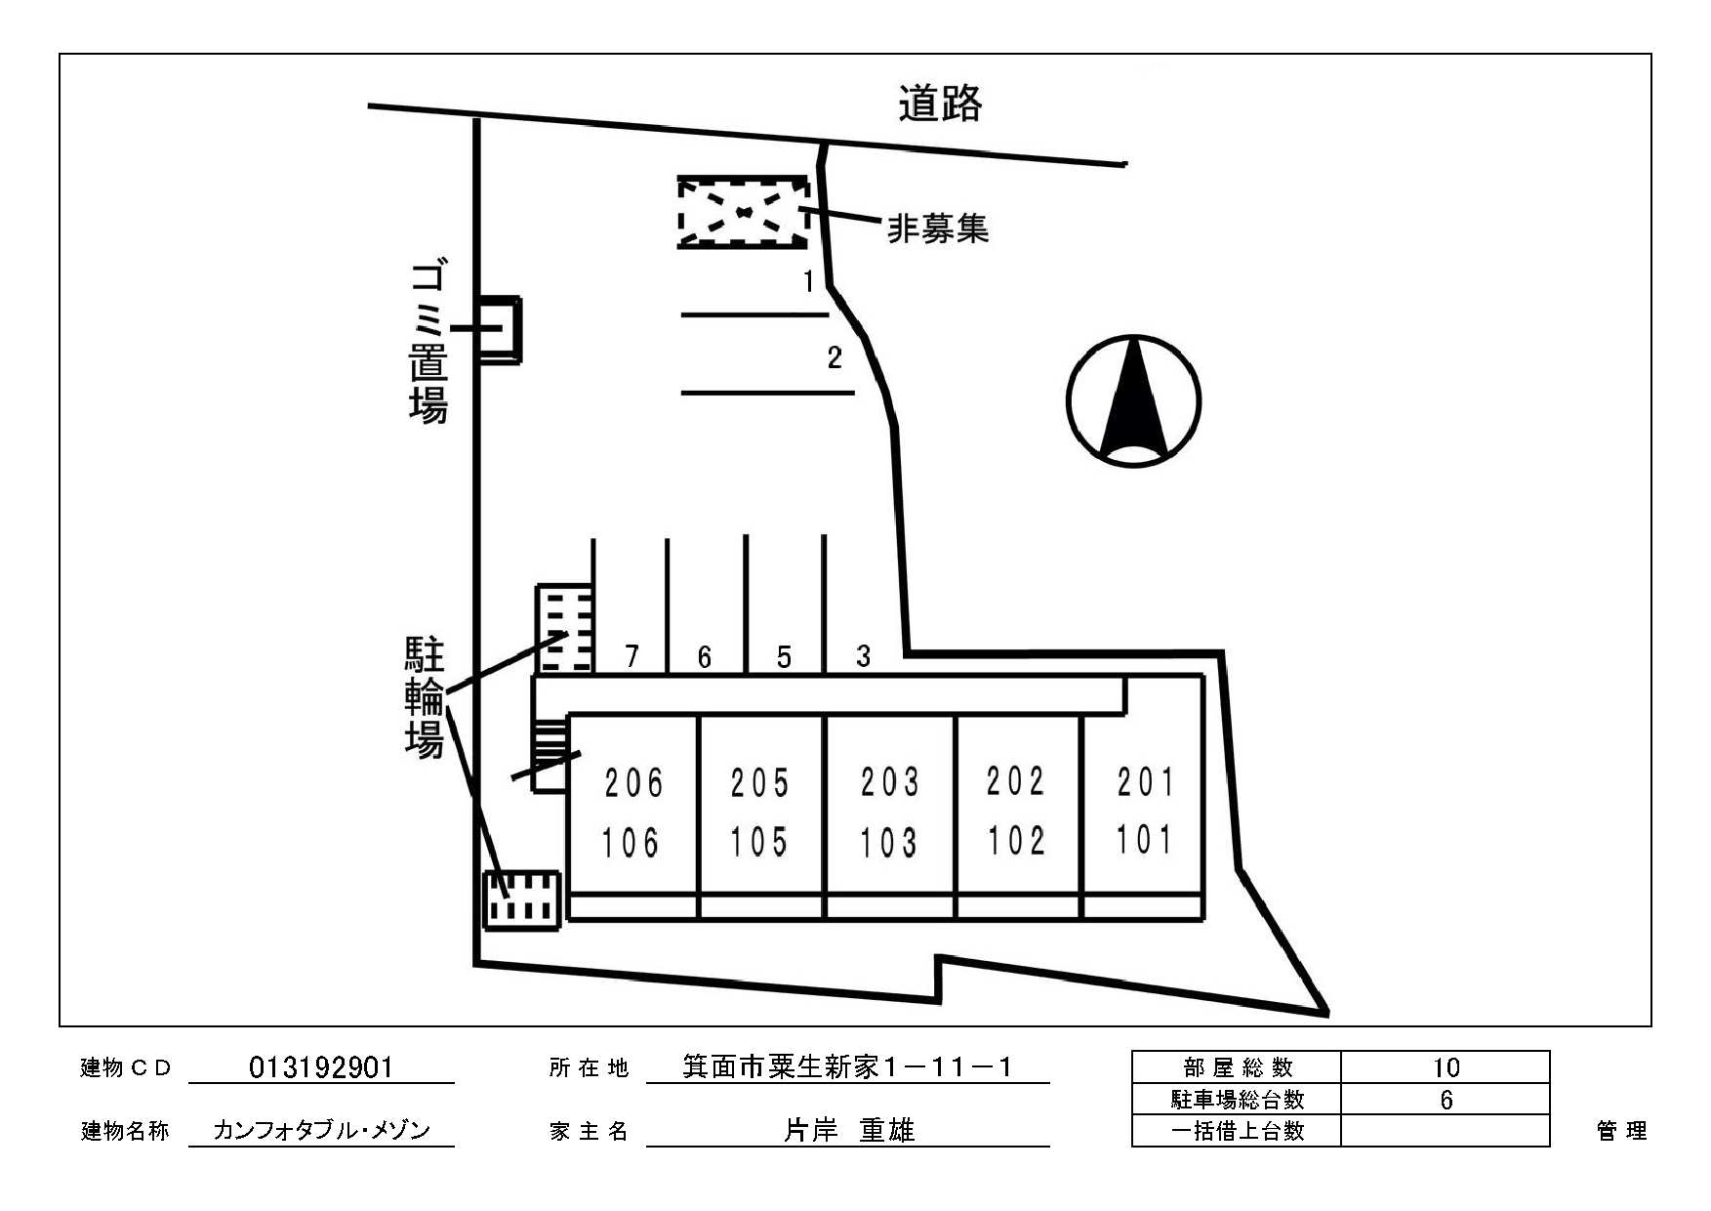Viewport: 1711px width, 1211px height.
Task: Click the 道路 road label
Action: pyautogui.click(x=940, y=104)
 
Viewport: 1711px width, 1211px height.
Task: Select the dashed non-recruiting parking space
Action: pyautogui.click(x=744, y=212)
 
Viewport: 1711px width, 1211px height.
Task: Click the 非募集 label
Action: pyautogui.click(x=937, y=229)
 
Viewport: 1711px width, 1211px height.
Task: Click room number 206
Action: pyautogui.click(x=633, y=782)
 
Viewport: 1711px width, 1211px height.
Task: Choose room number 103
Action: pyautogui.click(x=888, y=842)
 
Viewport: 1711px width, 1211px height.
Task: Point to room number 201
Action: pyautogui.click(x=1146, y=781)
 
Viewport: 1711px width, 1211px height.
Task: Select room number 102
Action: pyautogui.click(x=1016, y=840)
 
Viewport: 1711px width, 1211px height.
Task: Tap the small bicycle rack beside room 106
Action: pyautogui.click(x=522, y=899)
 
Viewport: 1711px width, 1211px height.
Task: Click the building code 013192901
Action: pyautogui.click(x=321, y=1066)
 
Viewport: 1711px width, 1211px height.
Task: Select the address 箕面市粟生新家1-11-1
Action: pyautogui.click(x=847, y=1066)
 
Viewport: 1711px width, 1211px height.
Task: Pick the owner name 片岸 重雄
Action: pyautogui.click(x=849, y=1130)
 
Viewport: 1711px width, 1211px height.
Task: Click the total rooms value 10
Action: pyautogui.click(x=1446, y=1067)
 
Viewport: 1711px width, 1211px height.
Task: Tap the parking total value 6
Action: pyautogui.click(x=1446, y=1100)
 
